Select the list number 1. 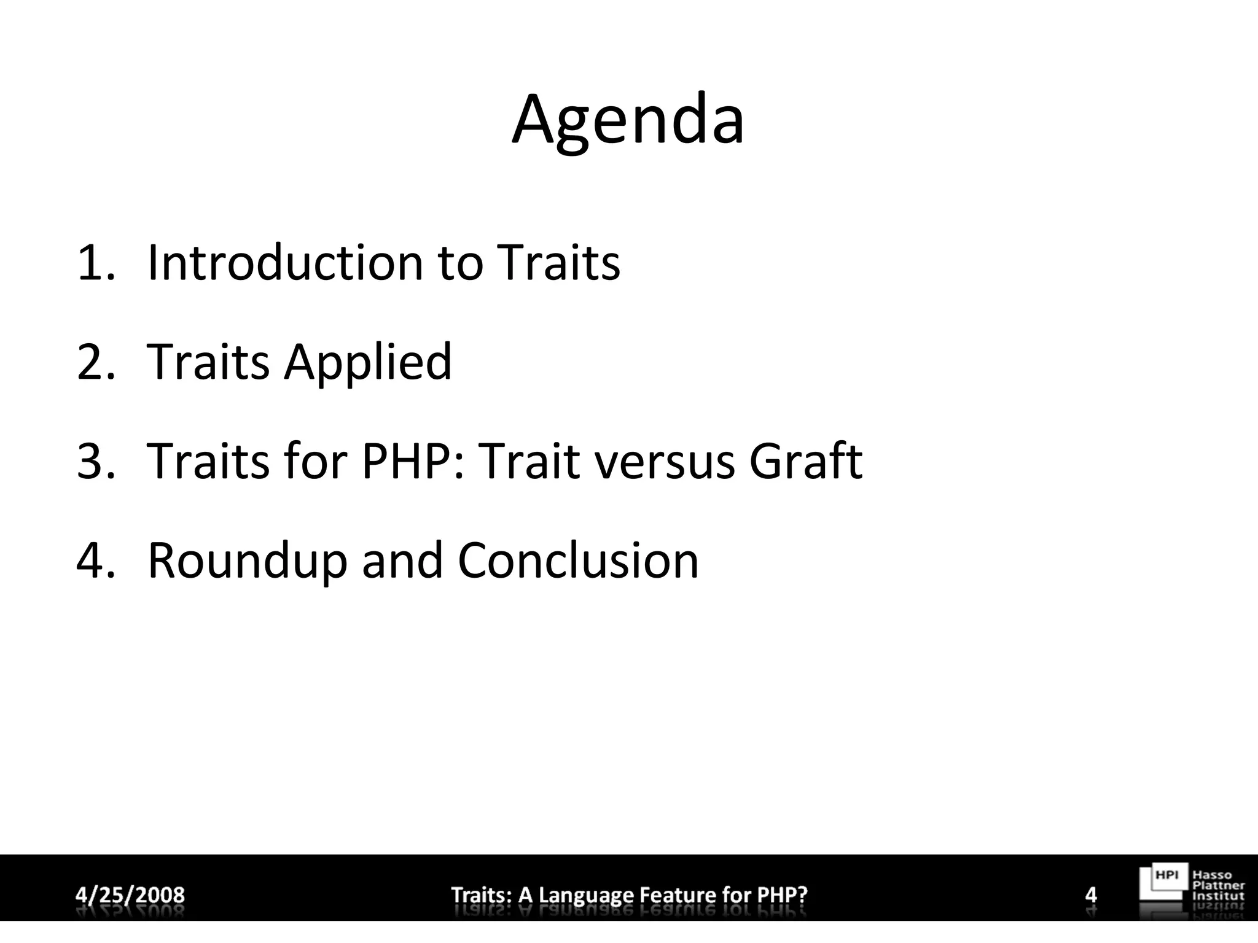coord(95,263)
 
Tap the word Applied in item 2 coord(367,362)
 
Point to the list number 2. coord(95,362)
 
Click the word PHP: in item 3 coord(413,462)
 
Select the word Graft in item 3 coord(805,462)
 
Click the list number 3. coord(95,462)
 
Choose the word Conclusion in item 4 coord(578,561)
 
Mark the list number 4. coord(95,561)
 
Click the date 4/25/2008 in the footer coord(130,894)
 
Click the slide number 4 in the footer coord(1091,894)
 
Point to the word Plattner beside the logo coord(1218,885)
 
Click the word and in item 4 coord(402,561)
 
